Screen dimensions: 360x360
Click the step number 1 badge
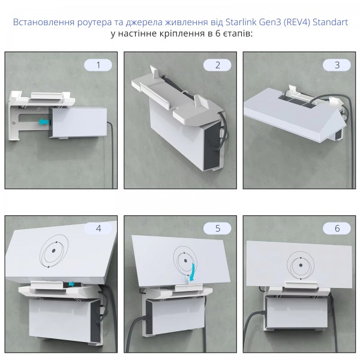pyautogui.click(x=98, y=65)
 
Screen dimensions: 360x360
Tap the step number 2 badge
pyautogui.click(x=217, y=65)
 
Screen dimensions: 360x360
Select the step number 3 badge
pyautogui.click(x=337, y=65)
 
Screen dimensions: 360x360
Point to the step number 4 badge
pyautogui.click(x=98, y=229)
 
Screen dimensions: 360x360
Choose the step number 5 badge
pyautogui.click(x=217, y=229)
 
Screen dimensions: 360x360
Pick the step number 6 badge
pyautogui.click(x=337, y=229)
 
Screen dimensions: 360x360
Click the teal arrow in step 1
pyautogui.click(x=44, y=121)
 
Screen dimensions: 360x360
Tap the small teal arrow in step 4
pyautogui.click(x=71, y=284)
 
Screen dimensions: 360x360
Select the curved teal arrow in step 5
pyautogui.click(x=193, y=272)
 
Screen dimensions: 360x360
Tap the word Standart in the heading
pyautogui.click(x=330, y=22)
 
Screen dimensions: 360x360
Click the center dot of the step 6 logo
pyautogui.click(x=301, y=265)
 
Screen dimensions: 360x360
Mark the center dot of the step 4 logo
pyautogui.click(x=54, y=250)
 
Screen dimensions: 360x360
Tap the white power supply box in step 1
pyautogui.click(x=79, y=122)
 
